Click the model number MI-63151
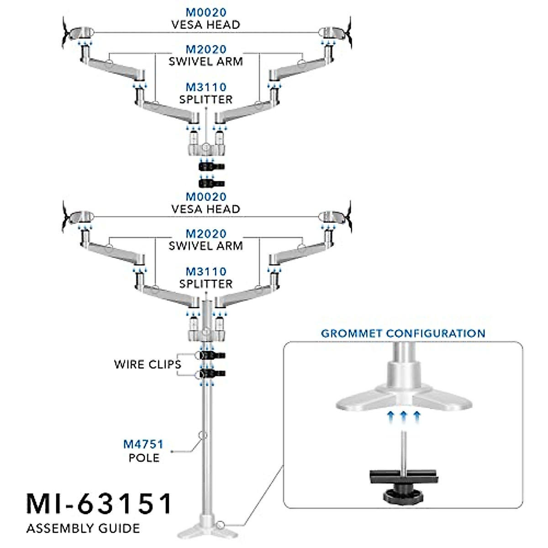coord(100,504)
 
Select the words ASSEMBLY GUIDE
coord(83,529)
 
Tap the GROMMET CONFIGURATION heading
coord(403,333)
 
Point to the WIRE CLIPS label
coord(148,364)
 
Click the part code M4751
coord(143,444)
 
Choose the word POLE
coord(144,458)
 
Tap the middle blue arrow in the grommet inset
coord(403,416)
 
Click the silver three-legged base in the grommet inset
coord(404,397)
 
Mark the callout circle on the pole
coord(203,435)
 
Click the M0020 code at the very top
coord(205,12)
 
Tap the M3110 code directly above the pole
coord(205,272)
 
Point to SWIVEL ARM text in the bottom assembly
coord(205,246)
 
